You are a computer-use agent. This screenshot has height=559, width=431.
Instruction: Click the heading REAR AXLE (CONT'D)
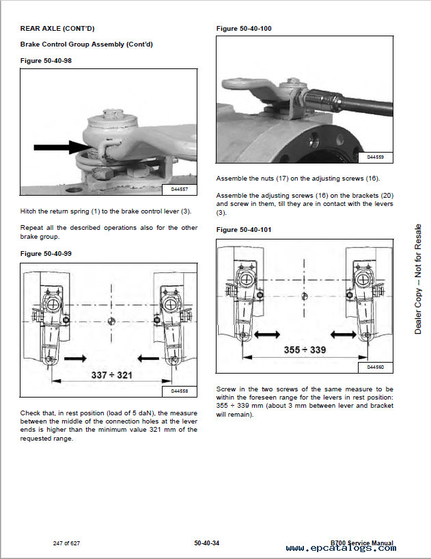[57, 28]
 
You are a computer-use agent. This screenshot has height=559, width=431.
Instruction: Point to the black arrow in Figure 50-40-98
[60, 146]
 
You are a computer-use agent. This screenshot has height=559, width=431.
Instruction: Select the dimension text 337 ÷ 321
[111, 375]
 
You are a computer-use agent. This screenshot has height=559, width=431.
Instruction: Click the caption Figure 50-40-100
[244, 29]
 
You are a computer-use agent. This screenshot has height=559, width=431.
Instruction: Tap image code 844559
[375, 157]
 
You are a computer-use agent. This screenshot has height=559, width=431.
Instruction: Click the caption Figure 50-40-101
[244, 230]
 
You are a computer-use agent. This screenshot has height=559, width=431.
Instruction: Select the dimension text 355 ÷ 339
[305, 350]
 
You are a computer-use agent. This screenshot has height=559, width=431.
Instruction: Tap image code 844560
[375, 367]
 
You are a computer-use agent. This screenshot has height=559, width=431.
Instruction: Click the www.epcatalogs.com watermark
[340, 548]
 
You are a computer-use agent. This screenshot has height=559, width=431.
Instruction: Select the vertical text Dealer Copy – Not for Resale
[418, 279]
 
